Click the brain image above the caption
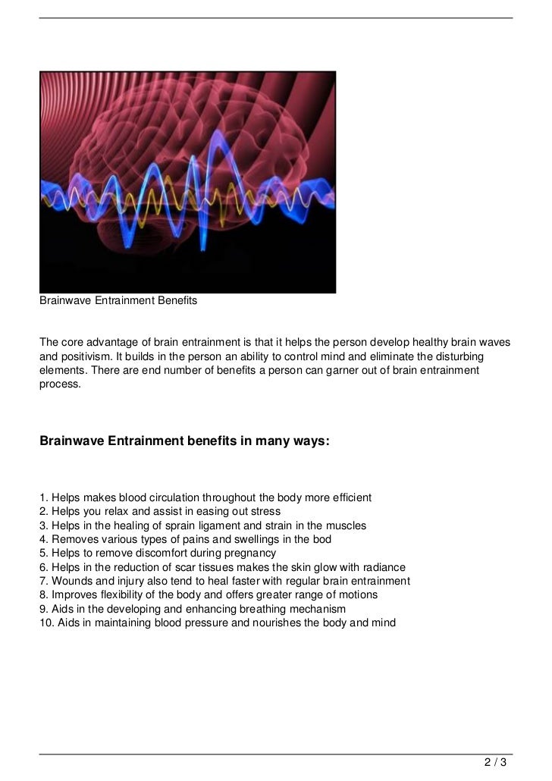tap(187, 182)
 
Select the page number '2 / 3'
tap(496, 761)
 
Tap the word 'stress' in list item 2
tap(265, 512)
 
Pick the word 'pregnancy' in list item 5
tap(245, 554)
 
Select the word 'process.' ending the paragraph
tap(60, 384)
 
